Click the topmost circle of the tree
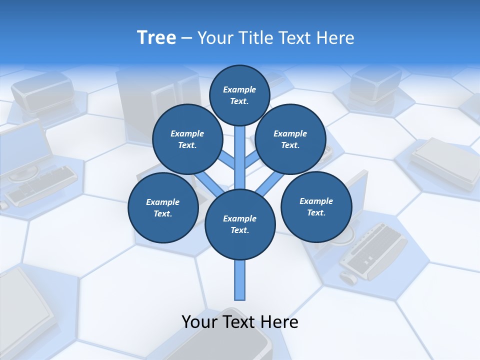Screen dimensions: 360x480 (239, 95)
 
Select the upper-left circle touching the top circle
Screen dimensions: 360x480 (187, 139)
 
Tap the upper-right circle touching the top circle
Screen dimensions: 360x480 (290, 139)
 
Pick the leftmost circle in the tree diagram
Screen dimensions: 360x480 (163, 207)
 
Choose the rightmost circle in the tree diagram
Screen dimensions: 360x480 (316, 206)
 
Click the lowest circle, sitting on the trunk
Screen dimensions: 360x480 (240, 224)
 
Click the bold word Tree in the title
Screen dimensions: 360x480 (156, 37)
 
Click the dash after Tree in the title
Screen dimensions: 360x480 (186, 38)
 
